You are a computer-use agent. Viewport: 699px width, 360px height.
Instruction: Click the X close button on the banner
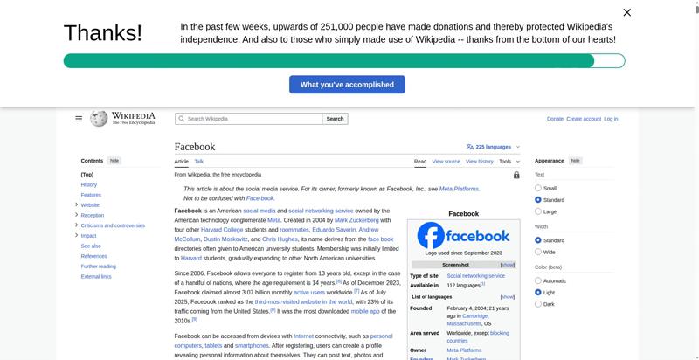[626, 12]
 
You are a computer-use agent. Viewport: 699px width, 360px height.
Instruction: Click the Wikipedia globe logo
[99, 118]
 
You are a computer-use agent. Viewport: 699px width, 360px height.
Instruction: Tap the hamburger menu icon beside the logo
[79, 119]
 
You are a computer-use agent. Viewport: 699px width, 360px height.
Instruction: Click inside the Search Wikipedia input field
[248, 119]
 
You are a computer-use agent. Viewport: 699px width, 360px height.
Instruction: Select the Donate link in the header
[555, 119]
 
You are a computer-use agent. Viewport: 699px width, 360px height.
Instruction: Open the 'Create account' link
[584, 119]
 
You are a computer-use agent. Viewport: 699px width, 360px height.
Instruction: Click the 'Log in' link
[611, 119]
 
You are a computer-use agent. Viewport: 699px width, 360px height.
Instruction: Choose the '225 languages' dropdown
[494, 147]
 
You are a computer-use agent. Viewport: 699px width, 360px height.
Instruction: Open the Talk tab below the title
[199, 162]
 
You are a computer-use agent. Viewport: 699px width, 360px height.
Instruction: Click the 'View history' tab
[479, 162]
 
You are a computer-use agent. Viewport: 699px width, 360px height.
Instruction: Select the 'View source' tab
[446, 162]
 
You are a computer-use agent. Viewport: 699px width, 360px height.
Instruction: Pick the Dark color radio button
[538, 304]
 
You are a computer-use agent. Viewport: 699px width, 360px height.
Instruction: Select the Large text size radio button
[538, 211]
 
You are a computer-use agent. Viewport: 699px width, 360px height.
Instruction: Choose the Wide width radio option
[538, 252]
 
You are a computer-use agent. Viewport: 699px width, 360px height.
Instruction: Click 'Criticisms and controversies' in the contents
[113, 225]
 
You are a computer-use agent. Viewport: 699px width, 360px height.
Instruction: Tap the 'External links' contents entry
[96, 276]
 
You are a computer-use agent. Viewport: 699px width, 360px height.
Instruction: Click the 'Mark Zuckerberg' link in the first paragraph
[356, 220]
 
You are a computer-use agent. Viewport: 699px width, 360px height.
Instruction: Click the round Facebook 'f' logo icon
[431, 236]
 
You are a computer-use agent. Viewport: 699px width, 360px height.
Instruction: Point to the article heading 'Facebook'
[195, 147]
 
